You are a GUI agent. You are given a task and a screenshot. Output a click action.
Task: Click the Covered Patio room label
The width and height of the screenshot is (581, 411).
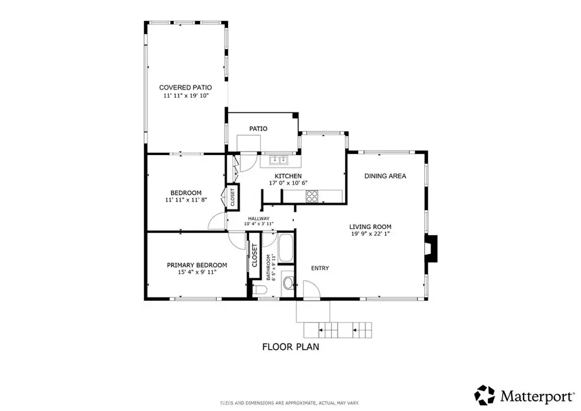pos(186,87)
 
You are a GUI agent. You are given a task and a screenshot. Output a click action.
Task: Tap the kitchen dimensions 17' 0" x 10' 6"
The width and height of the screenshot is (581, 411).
pos(288,183)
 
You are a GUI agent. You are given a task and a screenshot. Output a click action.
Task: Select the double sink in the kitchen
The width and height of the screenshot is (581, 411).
pos(279,160)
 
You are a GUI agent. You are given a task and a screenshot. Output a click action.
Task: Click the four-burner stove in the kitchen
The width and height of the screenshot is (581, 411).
pos(312,196)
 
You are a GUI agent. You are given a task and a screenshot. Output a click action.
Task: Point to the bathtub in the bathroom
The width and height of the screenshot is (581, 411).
pos(286,248)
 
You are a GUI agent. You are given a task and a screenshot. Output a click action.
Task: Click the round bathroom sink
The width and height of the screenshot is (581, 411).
pos(288,283)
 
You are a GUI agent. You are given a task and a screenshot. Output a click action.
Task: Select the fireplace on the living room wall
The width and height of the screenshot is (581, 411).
pos(432,249)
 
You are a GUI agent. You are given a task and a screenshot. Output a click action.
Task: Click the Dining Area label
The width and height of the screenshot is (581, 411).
pos(385,176)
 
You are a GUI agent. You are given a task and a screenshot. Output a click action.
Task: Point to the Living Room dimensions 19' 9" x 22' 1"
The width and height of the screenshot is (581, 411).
pos(370,234)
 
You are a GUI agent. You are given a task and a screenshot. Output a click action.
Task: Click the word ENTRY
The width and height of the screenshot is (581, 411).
pos(320,268)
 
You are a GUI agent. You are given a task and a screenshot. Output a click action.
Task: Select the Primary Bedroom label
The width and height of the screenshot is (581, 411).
pos(197,265)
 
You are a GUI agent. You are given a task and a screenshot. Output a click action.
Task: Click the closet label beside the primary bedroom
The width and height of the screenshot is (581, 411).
pos(254,255)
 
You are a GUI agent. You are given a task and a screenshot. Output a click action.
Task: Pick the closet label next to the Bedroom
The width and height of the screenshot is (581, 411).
pos(233,197)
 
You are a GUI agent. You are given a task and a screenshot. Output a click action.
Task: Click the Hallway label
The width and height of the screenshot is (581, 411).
pos(259,219)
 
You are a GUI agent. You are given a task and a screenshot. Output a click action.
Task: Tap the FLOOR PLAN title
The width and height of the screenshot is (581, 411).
pos(290,347)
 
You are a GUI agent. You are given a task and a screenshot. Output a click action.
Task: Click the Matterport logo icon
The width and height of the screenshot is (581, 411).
pos(485,395)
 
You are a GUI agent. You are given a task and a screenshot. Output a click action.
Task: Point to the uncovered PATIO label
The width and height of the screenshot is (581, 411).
pos(258,129)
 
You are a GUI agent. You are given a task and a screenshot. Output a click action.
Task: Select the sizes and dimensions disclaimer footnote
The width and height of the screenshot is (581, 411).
pos(290,403)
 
